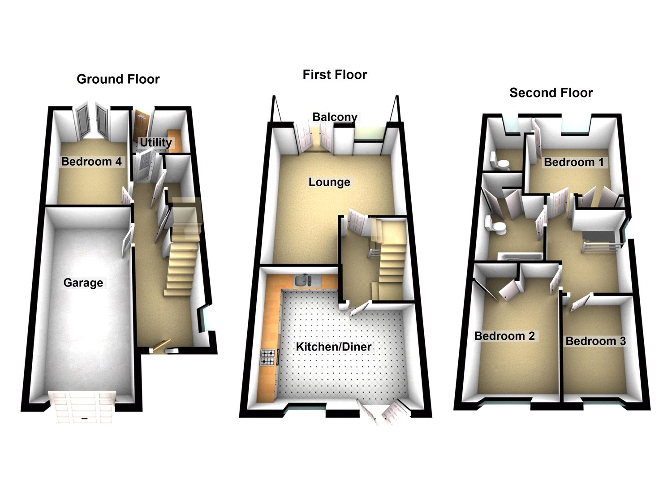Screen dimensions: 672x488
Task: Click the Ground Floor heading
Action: pyautogui.click(x=118, y=79)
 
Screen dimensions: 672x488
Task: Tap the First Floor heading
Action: pyautogui.click(x=335, y=75)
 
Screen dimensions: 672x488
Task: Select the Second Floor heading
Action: pyautogui.click(x=551, y=93)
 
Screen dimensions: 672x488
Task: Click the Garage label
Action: pyautogui.click(x=83, y=283)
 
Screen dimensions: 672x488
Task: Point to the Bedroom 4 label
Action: pyautogui.click(x=91, y=161)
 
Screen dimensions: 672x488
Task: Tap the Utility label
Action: pyautogui.click(x=155, y=142)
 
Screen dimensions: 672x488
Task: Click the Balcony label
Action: pyautogui.click(x=335, y=117)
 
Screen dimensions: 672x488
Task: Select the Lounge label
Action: pyautogui.click(x=329, y=182)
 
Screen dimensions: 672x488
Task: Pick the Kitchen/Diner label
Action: pyautogui.click(x=334, y=347)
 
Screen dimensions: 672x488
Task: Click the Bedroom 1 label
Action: pyautogui.click(x=574, y=162)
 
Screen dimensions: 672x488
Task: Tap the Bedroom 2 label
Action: pyautogui.click(x=504, y=336)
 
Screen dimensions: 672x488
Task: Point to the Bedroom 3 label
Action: pyautogui.click(x=595, y=341)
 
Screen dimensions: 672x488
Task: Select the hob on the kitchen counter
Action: pyautogui.click(x=268, y=356)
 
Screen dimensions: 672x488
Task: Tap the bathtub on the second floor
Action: pyautogui.click(x=520, y=257)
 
